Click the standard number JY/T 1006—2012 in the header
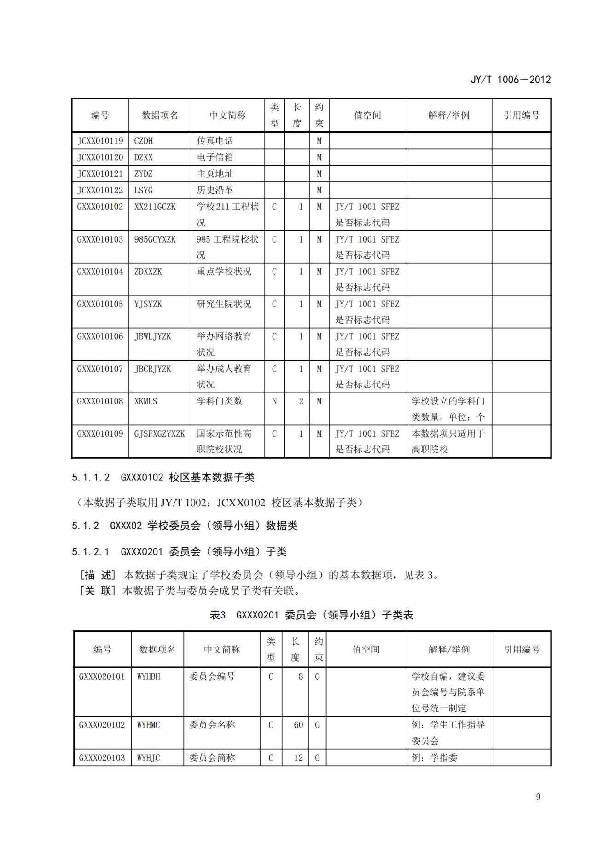510,80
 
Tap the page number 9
538,797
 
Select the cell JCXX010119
100,141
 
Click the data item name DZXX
143,157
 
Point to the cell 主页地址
215,174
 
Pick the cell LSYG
143,191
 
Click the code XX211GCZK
155,207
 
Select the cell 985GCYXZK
155,239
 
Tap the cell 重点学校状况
224,272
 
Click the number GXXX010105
100,304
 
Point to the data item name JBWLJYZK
152,336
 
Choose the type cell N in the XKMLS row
274,401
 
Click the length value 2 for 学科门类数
301,401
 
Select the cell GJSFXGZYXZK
159,433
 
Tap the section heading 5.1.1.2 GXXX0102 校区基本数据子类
163,477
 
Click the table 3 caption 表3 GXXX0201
311,615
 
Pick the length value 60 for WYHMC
298,725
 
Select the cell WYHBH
149,676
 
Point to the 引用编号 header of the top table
521,116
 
